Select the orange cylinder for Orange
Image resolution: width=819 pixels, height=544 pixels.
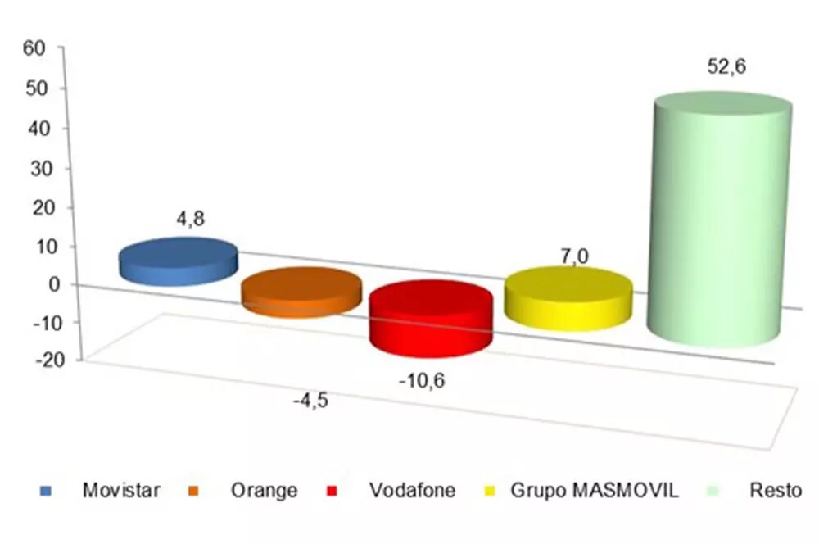click(301, 292)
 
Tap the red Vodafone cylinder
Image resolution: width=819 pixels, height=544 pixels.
click(431, 320)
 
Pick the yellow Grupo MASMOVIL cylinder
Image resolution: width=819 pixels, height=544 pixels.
click(568, 297)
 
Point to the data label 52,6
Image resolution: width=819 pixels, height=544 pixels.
click(726, 67)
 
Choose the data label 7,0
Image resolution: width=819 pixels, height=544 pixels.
click(575, 257)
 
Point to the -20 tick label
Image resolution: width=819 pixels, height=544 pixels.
click(31, 360)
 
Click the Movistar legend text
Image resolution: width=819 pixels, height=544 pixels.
click(121, 491)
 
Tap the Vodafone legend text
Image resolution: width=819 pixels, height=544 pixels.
click(412, 491)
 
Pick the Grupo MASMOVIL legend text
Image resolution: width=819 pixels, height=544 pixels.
click(594, 491)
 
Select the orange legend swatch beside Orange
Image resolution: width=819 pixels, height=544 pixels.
click(194, 492)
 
